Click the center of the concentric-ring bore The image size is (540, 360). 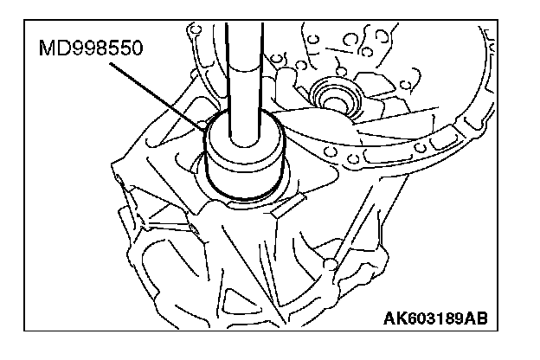[334, 91]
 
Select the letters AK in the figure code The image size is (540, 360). [391, 318]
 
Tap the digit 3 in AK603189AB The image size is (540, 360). [423, 318]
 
